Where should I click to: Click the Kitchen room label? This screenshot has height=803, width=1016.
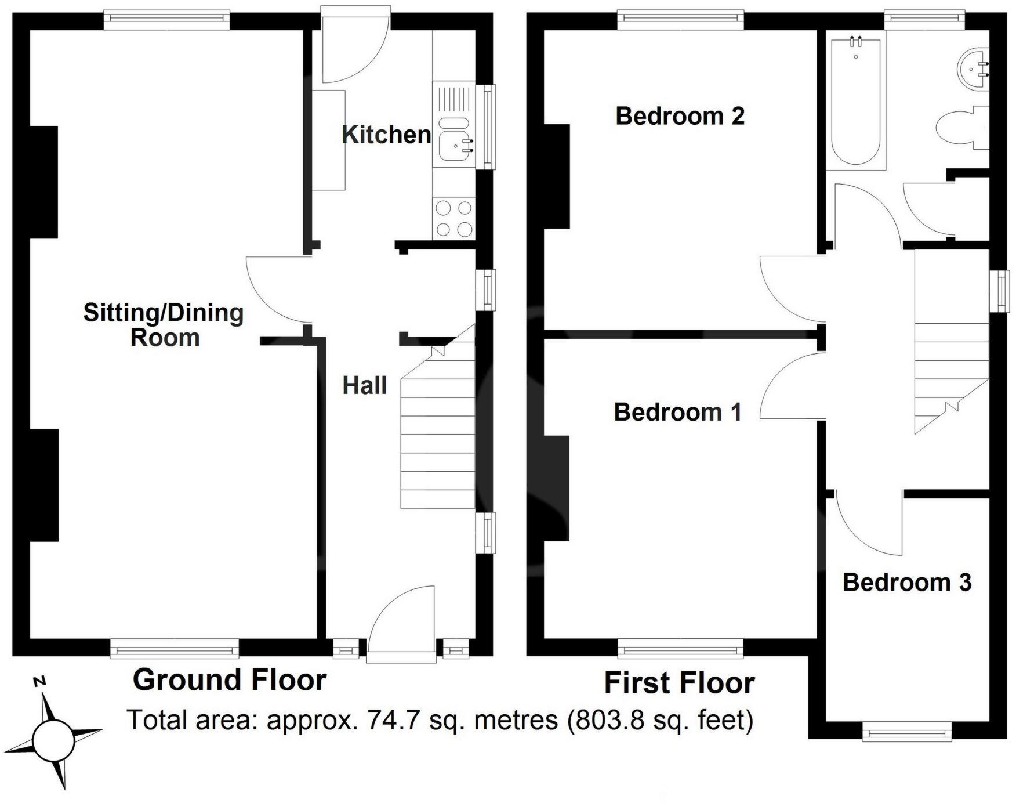coord(386,135)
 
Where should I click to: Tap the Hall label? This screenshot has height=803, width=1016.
coord(364,386)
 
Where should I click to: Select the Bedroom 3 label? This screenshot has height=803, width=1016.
coord(906,583)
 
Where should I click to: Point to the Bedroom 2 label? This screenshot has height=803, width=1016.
coord(680,116)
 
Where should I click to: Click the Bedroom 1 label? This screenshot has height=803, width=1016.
coord(677,412)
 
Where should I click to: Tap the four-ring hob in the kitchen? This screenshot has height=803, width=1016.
coord(453,218)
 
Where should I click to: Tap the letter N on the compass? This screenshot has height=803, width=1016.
coord(39,682)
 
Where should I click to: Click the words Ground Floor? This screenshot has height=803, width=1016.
coord(230,679)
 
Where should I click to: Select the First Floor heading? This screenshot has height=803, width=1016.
coord(679,683)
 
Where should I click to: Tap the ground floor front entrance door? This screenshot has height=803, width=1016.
coord(401,624)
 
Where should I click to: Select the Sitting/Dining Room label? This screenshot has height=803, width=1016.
coord(164,325)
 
